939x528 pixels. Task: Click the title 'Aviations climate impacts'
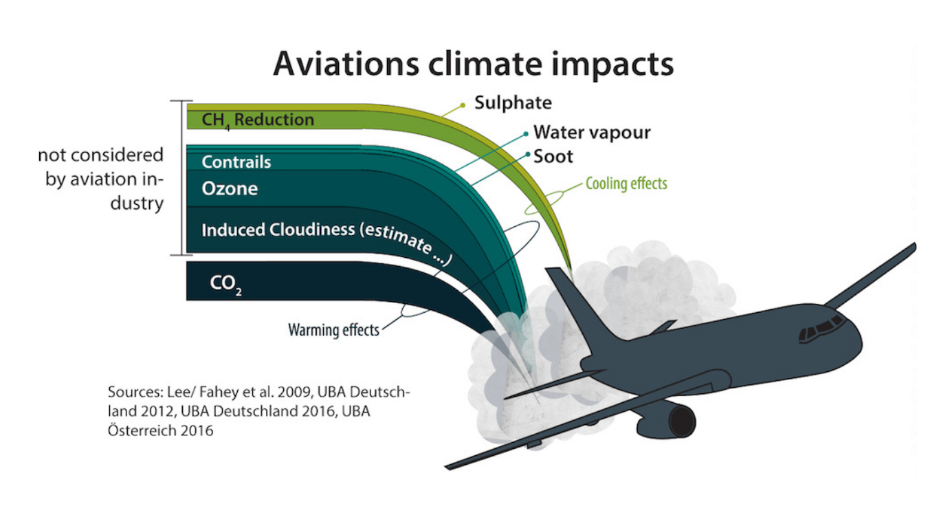point(473,64)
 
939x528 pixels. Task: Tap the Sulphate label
point(513,102)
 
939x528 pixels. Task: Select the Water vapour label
point(592,133)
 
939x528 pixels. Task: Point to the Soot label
point(553,157)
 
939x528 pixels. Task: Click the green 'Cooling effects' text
point(626,184)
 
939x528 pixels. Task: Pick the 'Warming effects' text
point(333,330)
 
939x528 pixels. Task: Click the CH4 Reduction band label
point(258,120)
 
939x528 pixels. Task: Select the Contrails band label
point(236,162)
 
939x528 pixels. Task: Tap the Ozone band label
point(230,189)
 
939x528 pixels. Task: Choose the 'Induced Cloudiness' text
point(278,230)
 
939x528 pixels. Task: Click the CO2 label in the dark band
point(225,285)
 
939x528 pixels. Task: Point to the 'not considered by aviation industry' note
point(100,179)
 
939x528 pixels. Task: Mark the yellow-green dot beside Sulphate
point(463,105)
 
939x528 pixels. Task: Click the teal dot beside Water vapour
point(526,134)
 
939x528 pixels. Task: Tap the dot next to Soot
point(528,154)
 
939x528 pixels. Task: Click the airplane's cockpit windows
point(821,327)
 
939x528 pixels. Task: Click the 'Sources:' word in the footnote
point(135,392)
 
